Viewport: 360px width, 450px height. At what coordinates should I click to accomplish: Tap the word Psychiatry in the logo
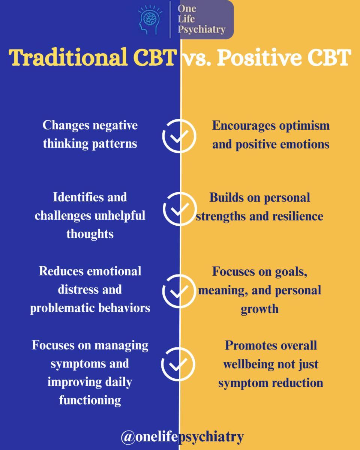[x=202, y=30]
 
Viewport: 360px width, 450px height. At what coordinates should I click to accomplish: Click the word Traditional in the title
[x=68, y=57]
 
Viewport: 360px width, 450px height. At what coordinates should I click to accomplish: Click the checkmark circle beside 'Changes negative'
[x=179, y=136]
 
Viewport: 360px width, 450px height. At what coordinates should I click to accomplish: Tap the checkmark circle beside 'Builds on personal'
[x=180, y=209]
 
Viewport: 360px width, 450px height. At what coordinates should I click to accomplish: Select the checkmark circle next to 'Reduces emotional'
[x=179, y=291]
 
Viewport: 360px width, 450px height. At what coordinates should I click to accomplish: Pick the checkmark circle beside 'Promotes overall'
[x=178, y=364]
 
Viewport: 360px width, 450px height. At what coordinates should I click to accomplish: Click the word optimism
[x=304, y=126]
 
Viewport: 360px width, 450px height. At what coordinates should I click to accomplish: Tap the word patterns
[x=114, y=144]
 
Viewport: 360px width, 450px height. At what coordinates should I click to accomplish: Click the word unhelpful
[x=120, y=216]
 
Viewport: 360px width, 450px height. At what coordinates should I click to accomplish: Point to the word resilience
[x=298, y=216]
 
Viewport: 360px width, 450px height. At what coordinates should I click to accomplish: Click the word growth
[x=259, y=309]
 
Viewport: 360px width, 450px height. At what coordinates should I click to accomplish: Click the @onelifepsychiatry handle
[x=182, y=437]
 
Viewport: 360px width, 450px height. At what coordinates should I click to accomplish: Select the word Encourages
[x=244, y=126]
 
